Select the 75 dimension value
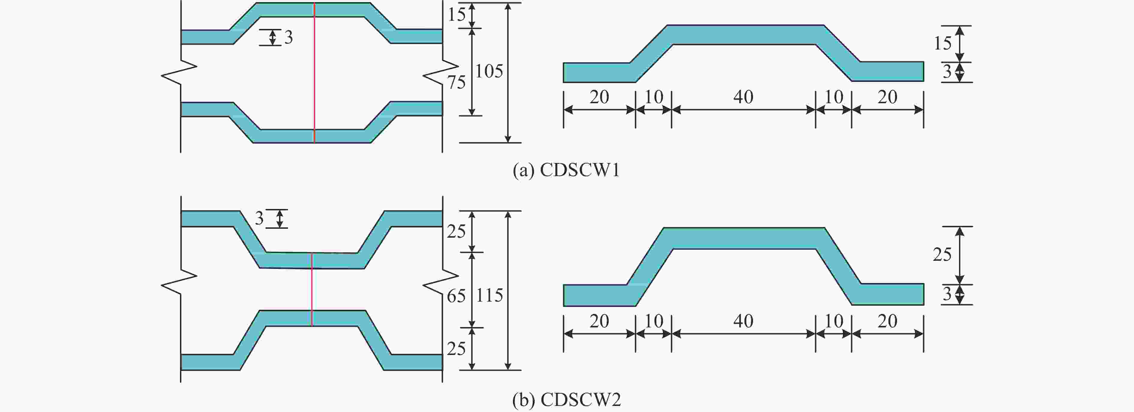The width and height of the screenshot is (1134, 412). tap(457, 82)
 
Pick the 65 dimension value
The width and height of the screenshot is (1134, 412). tap(456, 296)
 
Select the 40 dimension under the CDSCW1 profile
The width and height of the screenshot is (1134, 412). tap(743, 97)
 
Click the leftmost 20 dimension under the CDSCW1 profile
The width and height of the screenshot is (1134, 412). tap(599, 97)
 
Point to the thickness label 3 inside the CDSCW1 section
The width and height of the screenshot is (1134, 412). tap(288, 38)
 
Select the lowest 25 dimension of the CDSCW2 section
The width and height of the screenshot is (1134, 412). tap(456, 349)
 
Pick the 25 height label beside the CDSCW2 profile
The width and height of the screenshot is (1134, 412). tap(942, 254)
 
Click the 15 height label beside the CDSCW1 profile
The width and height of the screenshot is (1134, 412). tap(943, 43)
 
